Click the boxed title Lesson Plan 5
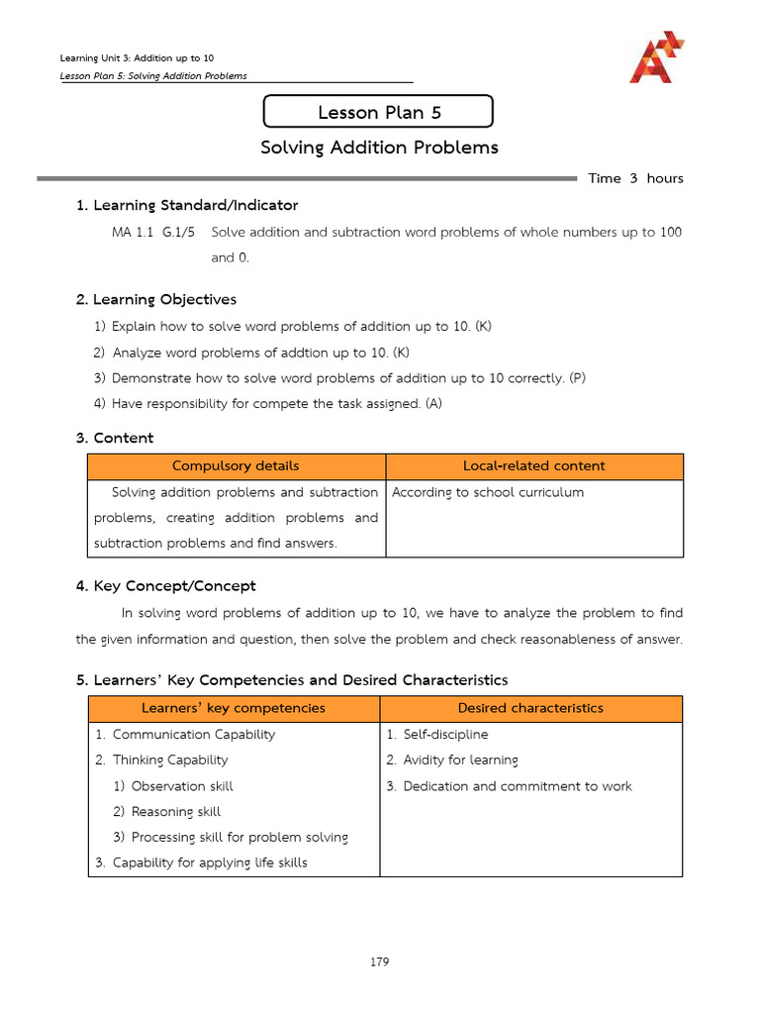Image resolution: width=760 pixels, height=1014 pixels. [x=378, y=112]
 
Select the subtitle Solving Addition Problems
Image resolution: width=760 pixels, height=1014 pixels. [x=379, y=148]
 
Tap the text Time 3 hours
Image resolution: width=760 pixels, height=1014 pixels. [x=635, y=178]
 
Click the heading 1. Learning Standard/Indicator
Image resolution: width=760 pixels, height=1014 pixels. [x=187, y=205]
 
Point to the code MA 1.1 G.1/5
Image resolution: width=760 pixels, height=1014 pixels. [x=153, y=232]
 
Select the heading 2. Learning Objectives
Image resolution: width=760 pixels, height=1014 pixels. [x=156, y=299]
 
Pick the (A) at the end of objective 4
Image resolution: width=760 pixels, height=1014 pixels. [x=432, y=404]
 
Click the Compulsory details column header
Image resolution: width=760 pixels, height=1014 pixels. [x=236, y=466]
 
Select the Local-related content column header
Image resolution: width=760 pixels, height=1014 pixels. [x=533, y=466]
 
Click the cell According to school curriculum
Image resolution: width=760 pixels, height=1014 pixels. [x=488, y=492]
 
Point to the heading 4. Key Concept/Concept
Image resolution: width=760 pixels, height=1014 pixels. [x=165, y=586]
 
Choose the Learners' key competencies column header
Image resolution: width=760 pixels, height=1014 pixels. [x=234, y=708]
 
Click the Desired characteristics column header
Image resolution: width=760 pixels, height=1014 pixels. [x=530, y=708]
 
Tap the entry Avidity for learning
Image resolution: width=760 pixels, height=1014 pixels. [x=460, y=760]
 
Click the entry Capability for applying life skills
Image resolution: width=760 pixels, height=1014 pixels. [x=210, y=862]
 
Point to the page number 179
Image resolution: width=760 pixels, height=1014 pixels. [x=379, y=962]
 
